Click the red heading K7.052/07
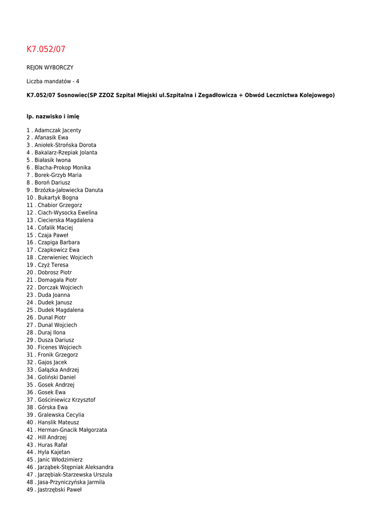(46, 49)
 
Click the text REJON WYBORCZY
(50, 67)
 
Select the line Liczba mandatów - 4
(53, 81)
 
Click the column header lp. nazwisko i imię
(53, 117)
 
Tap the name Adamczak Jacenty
(58, 131)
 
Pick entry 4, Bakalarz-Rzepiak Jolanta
(65, 153)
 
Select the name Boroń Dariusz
(52, 183)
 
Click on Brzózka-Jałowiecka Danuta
(68, 190)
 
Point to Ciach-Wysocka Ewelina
(67, 213)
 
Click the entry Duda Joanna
(54, 295)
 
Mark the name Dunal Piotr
(51, 318)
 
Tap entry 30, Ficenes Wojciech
(59, 347)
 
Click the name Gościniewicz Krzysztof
(66, 400)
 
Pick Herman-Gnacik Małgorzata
(72, 430)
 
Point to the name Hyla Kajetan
(54, 452)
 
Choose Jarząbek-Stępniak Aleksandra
(75, 467)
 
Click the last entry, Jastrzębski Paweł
(59, 490)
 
